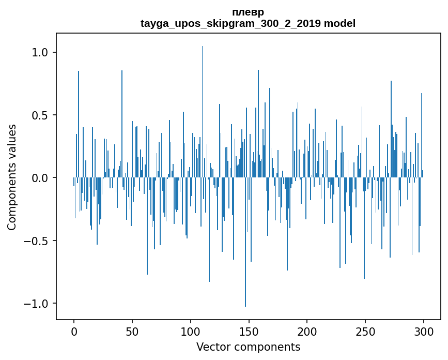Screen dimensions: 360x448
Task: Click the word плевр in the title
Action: tap(248, 12)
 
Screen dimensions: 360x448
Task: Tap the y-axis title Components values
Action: tap(12, 177)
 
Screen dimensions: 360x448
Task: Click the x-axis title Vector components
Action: tap(248, 347)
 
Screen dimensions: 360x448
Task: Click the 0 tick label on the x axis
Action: tap(74, 332)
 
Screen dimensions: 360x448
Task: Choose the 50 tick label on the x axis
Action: tap(132, 332)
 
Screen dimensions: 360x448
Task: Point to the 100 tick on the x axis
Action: tap(191, 332)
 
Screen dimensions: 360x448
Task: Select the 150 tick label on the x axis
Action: tap(249, 332)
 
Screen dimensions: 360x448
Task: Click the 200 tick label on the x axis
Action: tap(307, 332)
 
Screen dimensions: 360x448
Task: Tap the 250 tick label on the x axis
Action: tap(365, 332)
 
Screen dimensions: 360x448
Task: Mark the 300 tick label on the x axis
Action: tap(424, 332)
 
